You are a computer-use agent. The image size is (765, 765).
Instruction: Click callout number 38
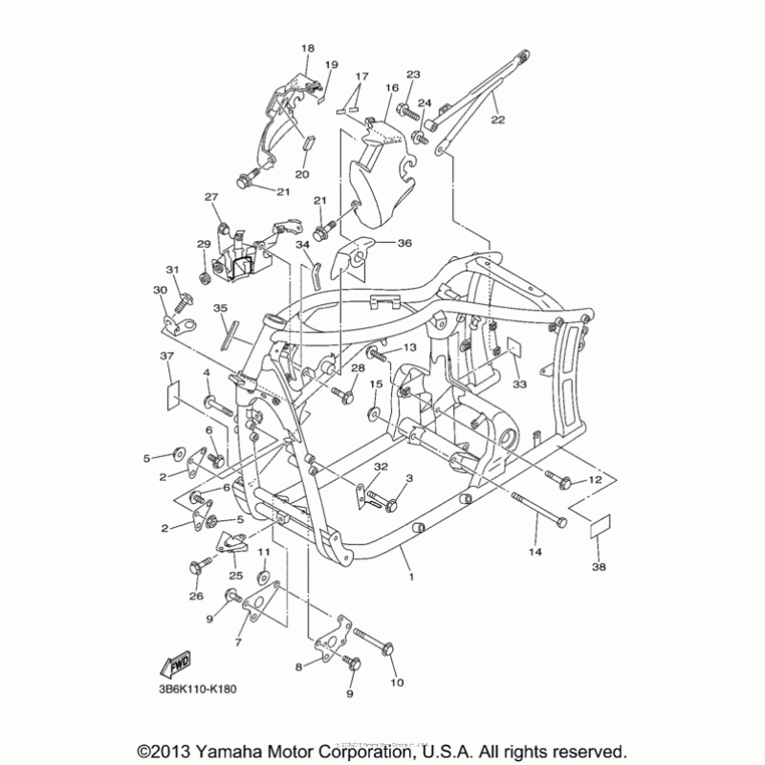600,567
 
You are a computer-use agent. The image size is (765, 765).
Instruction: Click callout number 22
497,120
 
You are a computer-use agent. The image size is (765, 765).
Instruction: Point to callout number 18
307,48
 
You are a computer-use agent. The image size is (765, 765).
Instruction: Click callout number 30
159,290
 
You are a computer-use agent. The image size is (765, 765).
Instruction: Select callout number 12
594,479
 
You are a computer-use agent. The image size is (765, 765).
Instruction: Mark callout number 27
211,196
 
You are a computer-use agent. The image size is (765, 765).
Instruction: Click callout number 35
220,308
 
